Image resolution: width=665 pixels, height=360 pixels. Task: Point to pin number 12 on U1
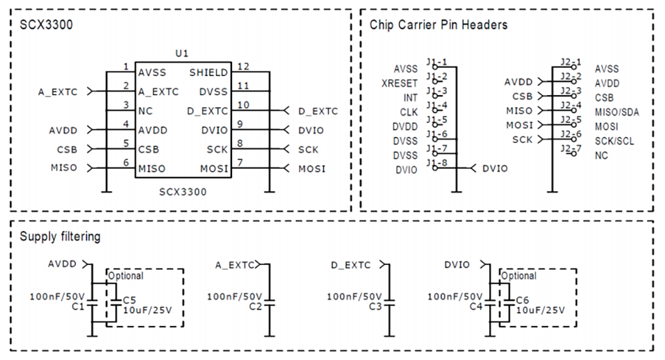click(x=243, y=67)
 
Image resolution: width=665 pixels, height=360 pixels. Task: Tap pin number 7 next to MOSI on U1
click(x=239, y=162)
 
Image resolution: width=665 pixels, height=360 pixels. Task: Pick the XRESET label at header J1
click(x=400, y=83)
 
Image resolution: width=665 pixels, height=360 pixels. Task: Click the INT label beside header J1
click(x=410, y=98)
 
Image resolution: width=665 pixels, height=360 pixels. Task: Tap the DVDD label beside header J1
click(x=404, y=126)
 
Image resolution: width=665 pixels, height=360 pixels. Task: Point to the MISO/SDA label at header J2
click(x=616, y=112)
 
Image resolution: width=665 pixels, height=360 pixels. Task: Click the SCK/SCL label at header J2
click(x=615, y=140)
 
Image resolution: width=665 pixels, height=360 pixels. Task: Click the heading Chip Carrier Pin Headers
click(x=438, y=25)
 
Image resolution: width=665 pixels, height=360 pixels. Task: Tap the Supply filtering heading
click(x=60, y=236)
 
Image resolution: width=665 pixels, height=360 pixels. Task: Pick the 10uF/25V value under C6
click(x=540, y=309)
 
